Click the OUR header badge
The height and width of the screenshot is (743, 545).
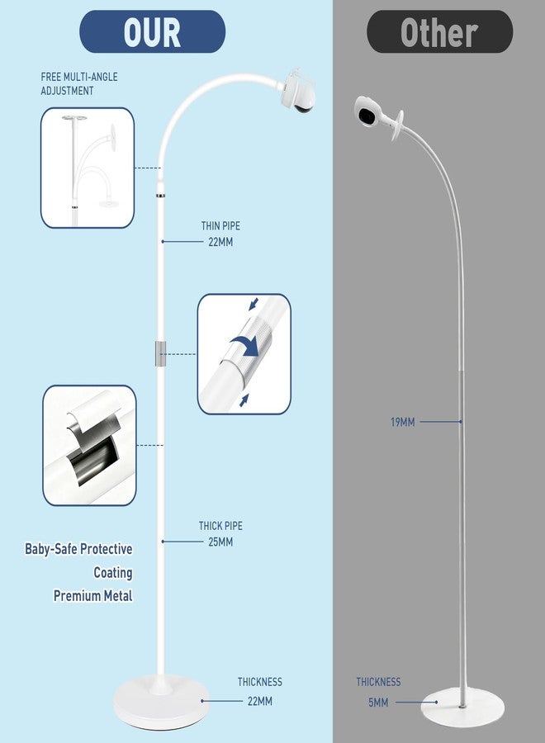pos(152,31)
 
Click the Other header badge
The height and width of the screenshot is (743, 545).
pos(439,31)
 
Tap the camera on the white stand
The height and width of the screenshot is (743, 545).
pos(298,92)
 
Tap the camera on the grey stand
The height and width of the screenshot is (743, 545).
pos(369,111)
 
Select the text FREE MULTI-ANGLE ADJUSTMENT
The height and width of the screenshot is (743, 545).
pos(79,83)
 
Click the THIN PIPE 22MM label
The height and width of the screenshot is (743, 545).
pos(220,234)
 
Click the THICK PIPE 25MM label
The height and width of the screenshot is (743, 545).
pos(220,533)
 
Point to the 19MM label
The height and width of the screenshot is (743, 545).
pos(403,422)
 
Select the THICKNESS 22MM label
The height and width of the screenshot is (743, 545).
pos(260,691)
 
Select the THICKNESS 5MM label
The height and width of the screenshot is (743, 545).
pos(378,692)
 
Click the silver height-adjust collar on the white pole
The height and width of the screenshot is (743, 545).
pos(160,353)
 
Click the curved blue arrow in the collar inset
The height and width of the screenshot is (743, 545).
pos(245,344)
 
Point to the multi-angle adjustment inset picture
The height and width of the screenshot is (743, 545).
pos(88,168)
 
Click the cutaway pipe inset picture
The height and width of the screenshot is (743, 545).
pos(89,446)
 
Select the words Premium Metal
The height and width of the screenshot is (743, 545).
pos(92,595)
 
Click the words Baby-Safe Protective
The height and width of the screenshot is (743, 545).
pos(78,549)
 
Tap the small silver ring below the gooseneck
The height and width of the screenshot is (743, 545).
pos(161,195)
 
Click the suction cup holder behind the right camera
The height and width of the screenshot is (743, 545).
pos(397,125)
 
